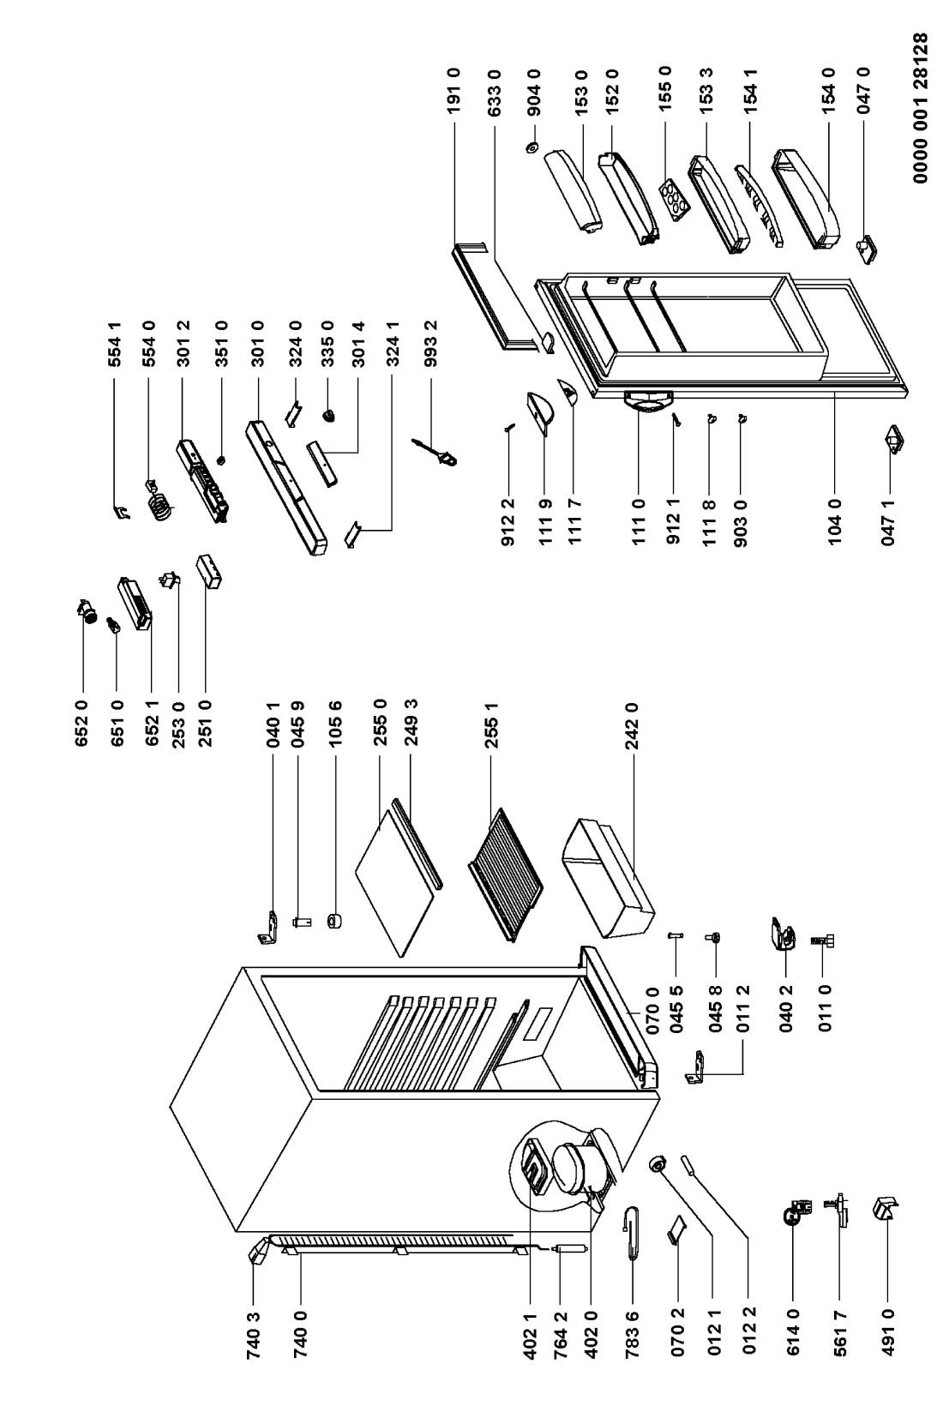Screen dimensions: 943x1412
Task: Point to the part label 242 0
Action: click(x=633, y=725)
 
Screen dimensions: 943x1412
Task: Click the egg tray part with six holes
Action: click(x=673, y=199)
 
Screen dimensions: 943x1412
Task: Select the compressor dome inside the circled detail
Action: click(x=574, y=1167)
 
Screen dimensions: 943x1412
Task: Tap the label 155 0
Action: click(x=665, y=87)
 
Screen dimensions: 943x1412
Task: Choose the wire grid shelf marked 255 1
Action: click(x=505, y=874)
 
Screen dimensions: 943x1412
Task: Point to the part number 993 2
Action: click(x=431, y=344)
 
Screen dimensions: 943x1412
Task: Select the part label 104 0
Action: click(x=835, y=522)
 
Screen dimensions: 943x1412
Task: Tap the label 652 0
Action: click(x=82, y=724)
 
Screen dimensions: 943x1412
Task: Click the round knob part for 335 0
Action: click(x=328, y=415)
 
